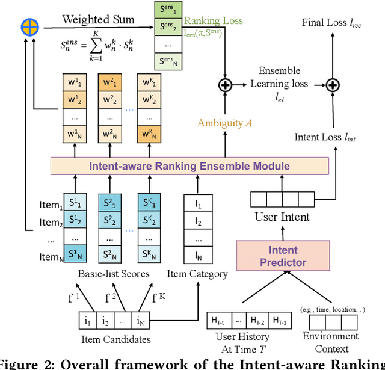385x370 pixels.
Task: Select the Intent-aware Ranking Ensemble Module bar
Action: tap(190, 166)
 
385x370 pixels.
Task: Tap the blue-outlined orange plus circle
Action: tap(29, 26)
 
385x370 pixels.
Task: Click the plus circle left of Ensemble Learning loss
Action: tap(225, 85)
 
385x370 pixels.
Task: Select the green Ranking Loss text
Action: tap(213, 21)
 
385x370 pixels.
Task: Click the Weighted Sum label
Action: tap(97, 20)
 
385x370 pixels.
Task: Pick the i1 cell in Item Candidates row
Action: tap(88, 320)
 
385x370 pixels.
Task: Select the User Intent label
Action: tap(282, 216)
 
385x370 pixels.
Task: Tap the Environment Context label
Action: tap(330, 342)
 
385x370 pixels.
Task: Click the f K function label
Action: tap(157, 296)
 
